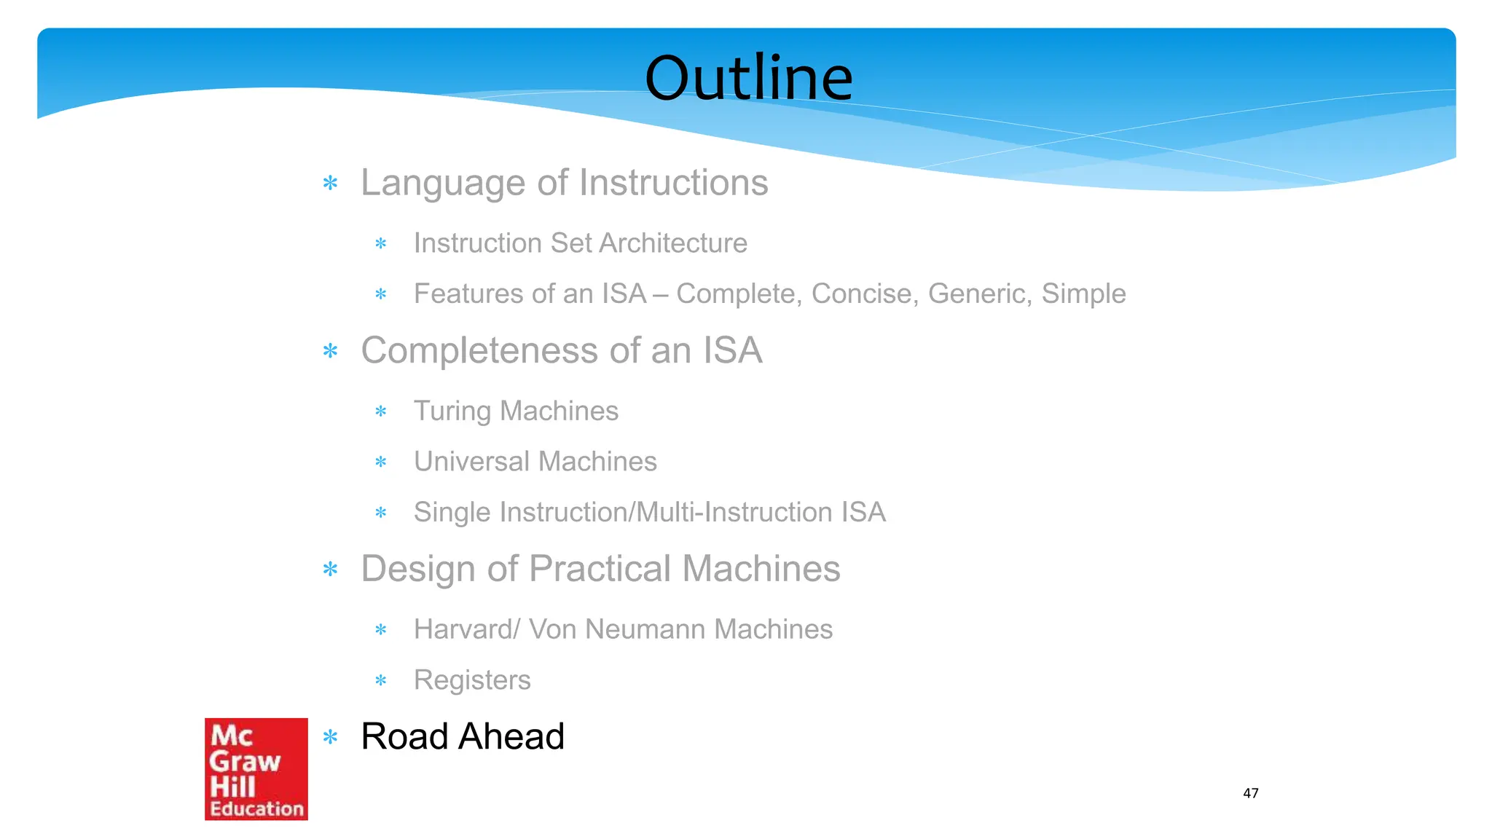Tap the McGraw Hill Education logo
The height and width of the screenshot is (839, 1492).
coord(256,769)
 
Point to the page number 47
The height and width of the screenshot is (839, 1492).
coord(1250,793)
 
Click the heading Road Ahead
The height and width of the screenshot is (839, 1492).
coord(463,736)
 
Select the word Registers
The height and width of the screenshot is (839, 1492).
coord(472,680)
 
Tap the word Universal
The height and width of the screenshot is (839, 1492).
coord(471,462)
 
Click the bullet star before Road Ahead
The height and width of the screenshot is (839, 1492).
coord(331,738)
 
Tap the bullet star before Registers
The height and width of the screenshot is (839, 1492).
coord(380,681)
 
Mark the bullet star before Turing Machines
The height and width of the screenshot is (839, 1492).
coord(380,412)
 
